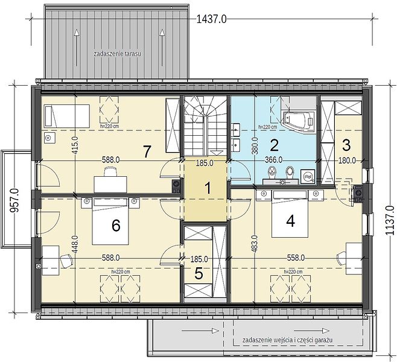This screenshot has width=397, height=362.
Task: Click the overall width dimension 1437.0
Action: point(211,19)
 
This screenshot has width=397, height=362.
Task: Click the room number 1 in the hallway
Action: point(208,188)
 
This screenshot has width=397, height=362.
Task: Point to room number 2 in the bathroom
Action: point(274,145)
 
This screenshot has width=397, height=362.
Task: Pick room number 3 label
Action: point(346,145)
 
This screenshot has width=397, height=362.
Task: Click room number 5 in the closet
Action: point(198,274)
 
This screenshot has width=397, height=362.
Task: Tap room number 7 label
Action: point(147,152)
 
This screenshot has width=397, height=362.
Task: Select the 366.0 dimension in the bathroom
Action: point(274,160)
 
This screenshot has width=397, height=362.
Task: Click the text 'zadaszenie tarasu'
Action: point(117,54)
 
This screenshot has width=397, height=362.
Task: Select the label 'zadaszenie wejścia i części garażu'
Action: point(287,340)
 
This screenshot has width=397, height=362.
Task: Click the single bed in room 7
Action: point(67,116)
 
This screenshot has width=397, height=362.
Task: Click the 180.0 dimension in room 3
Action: point(347,160)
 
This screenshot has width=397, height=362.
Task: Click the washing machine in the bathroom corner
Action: point(308,176)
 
